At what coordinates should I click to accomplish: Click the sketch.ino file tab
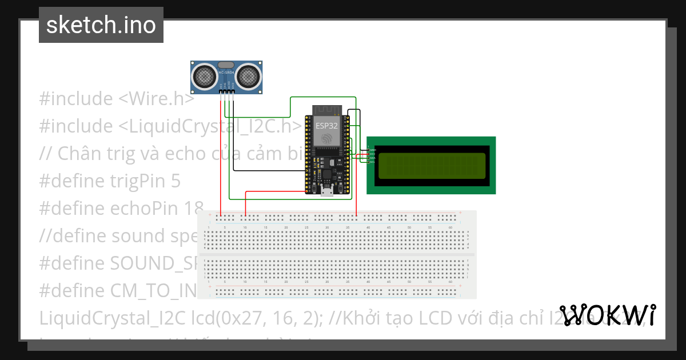(x=101, y=25)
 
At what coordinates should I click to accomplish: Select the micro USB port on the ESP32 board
(x=327, y=191)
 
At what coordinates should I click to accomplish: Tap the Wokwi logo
(x=608, y=315)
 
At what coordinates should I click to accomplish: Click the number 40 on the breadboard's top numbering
(x=368, y=227)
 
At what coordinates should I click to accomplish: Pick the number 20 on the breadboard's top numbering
(x=286, y=227)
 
